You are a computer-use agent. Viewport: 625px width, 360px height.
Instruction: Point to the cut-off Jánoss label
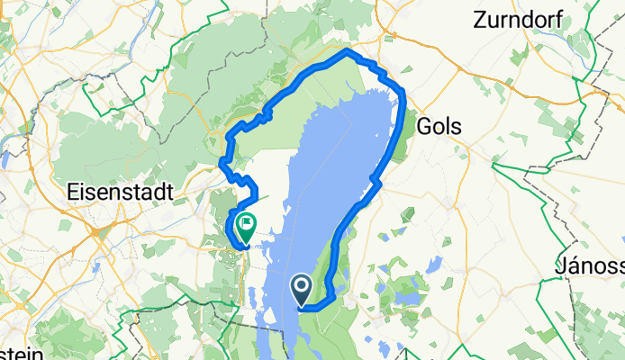coord(591,267)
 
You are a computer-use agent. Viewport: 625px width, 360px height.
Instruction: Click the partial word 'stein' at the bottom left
coord(20,353)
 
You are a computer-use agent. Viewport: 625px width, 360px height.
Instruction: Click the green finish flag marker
coord(244,222)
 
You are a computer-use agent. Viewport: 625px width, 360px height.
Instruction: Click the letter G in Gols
coord(423,127)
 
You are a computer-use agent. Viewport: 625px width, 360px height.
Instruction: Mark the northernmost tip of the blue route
coord(347,53)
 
